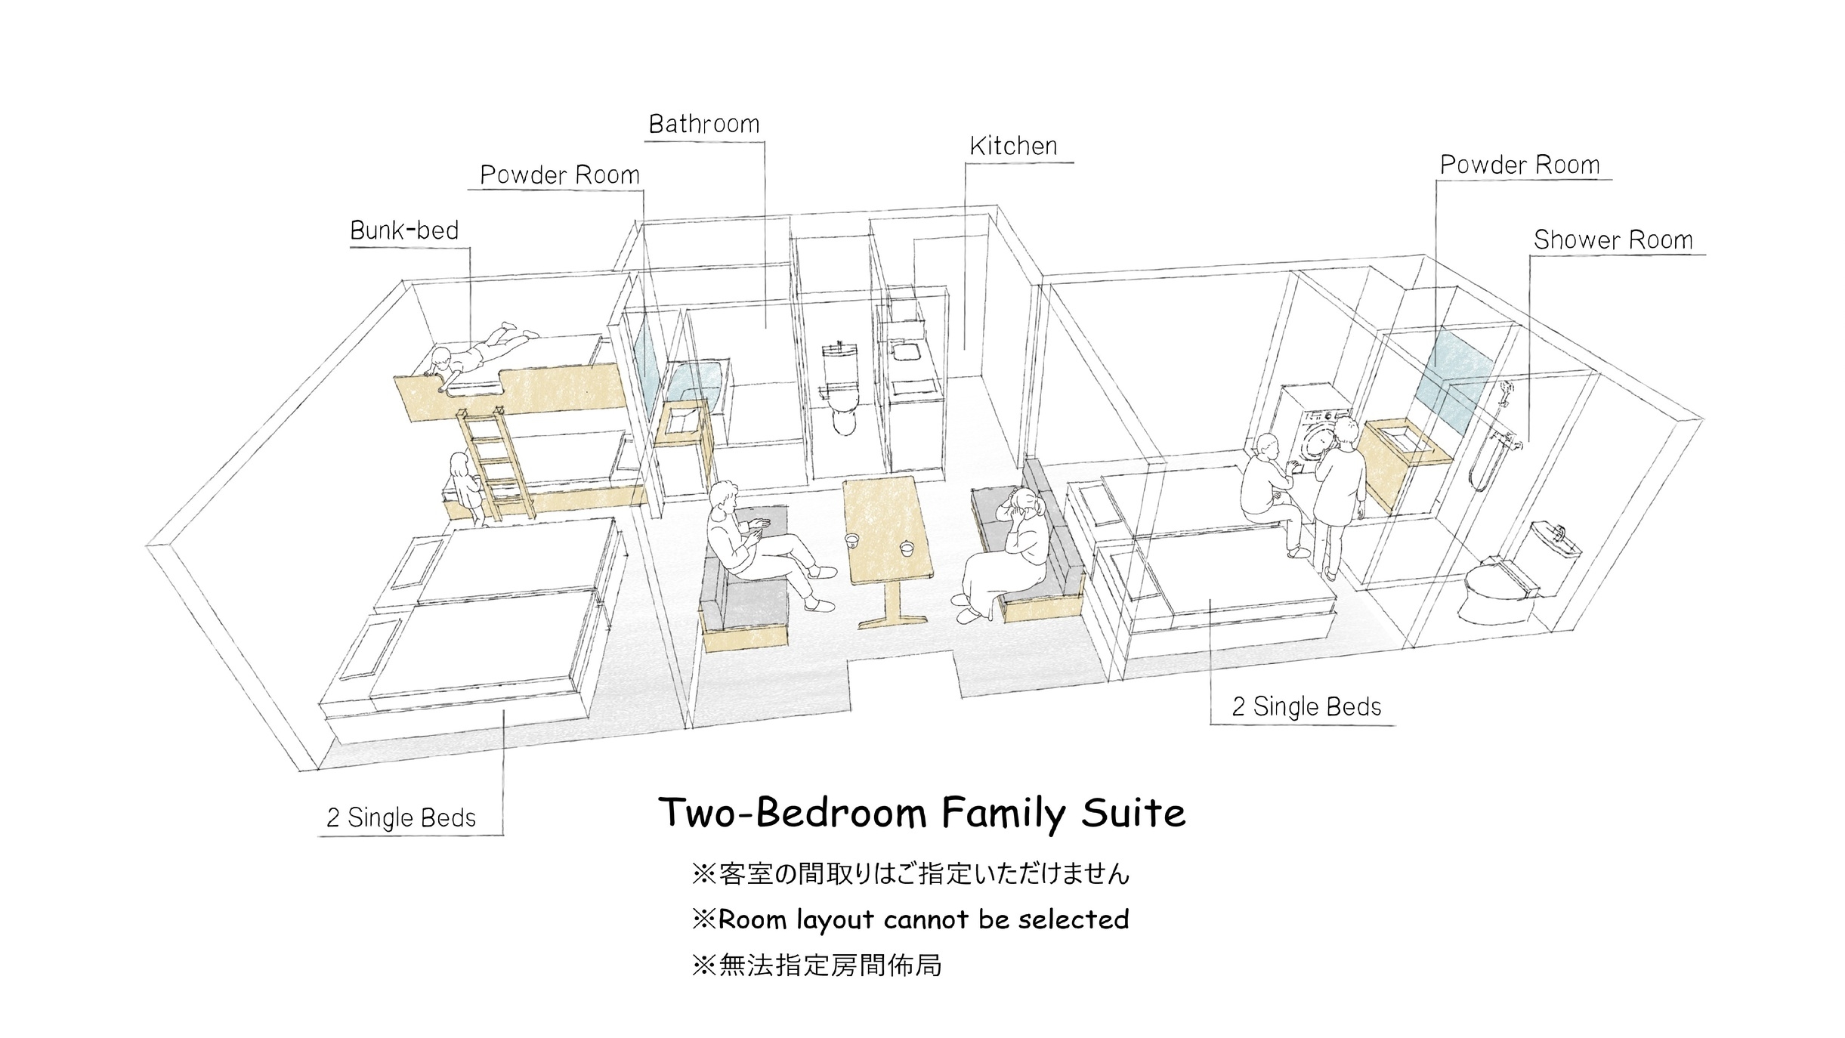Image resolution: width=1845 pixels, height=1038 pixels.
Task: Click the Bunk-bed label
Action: [x=404, y=230]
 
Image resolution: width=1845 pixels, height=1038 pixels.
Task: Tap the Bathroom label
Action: [x=704, y=124]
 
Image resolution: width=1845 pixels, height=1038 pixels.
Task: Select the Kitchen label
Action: [x=1013, y=146]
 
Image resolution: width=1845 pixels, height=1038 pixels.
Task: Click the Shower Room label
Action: [x=1613, y=239]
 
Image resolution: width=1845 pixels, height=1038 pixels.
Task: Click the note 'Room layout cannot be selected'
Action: [x=910, y=919]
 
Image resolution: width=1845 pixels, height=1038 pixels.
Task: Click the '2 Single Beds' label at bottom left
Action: [x=400, y=817]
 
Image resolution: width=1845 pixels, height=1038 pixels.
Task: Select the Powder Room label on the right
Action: [x=1519, y=165]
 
